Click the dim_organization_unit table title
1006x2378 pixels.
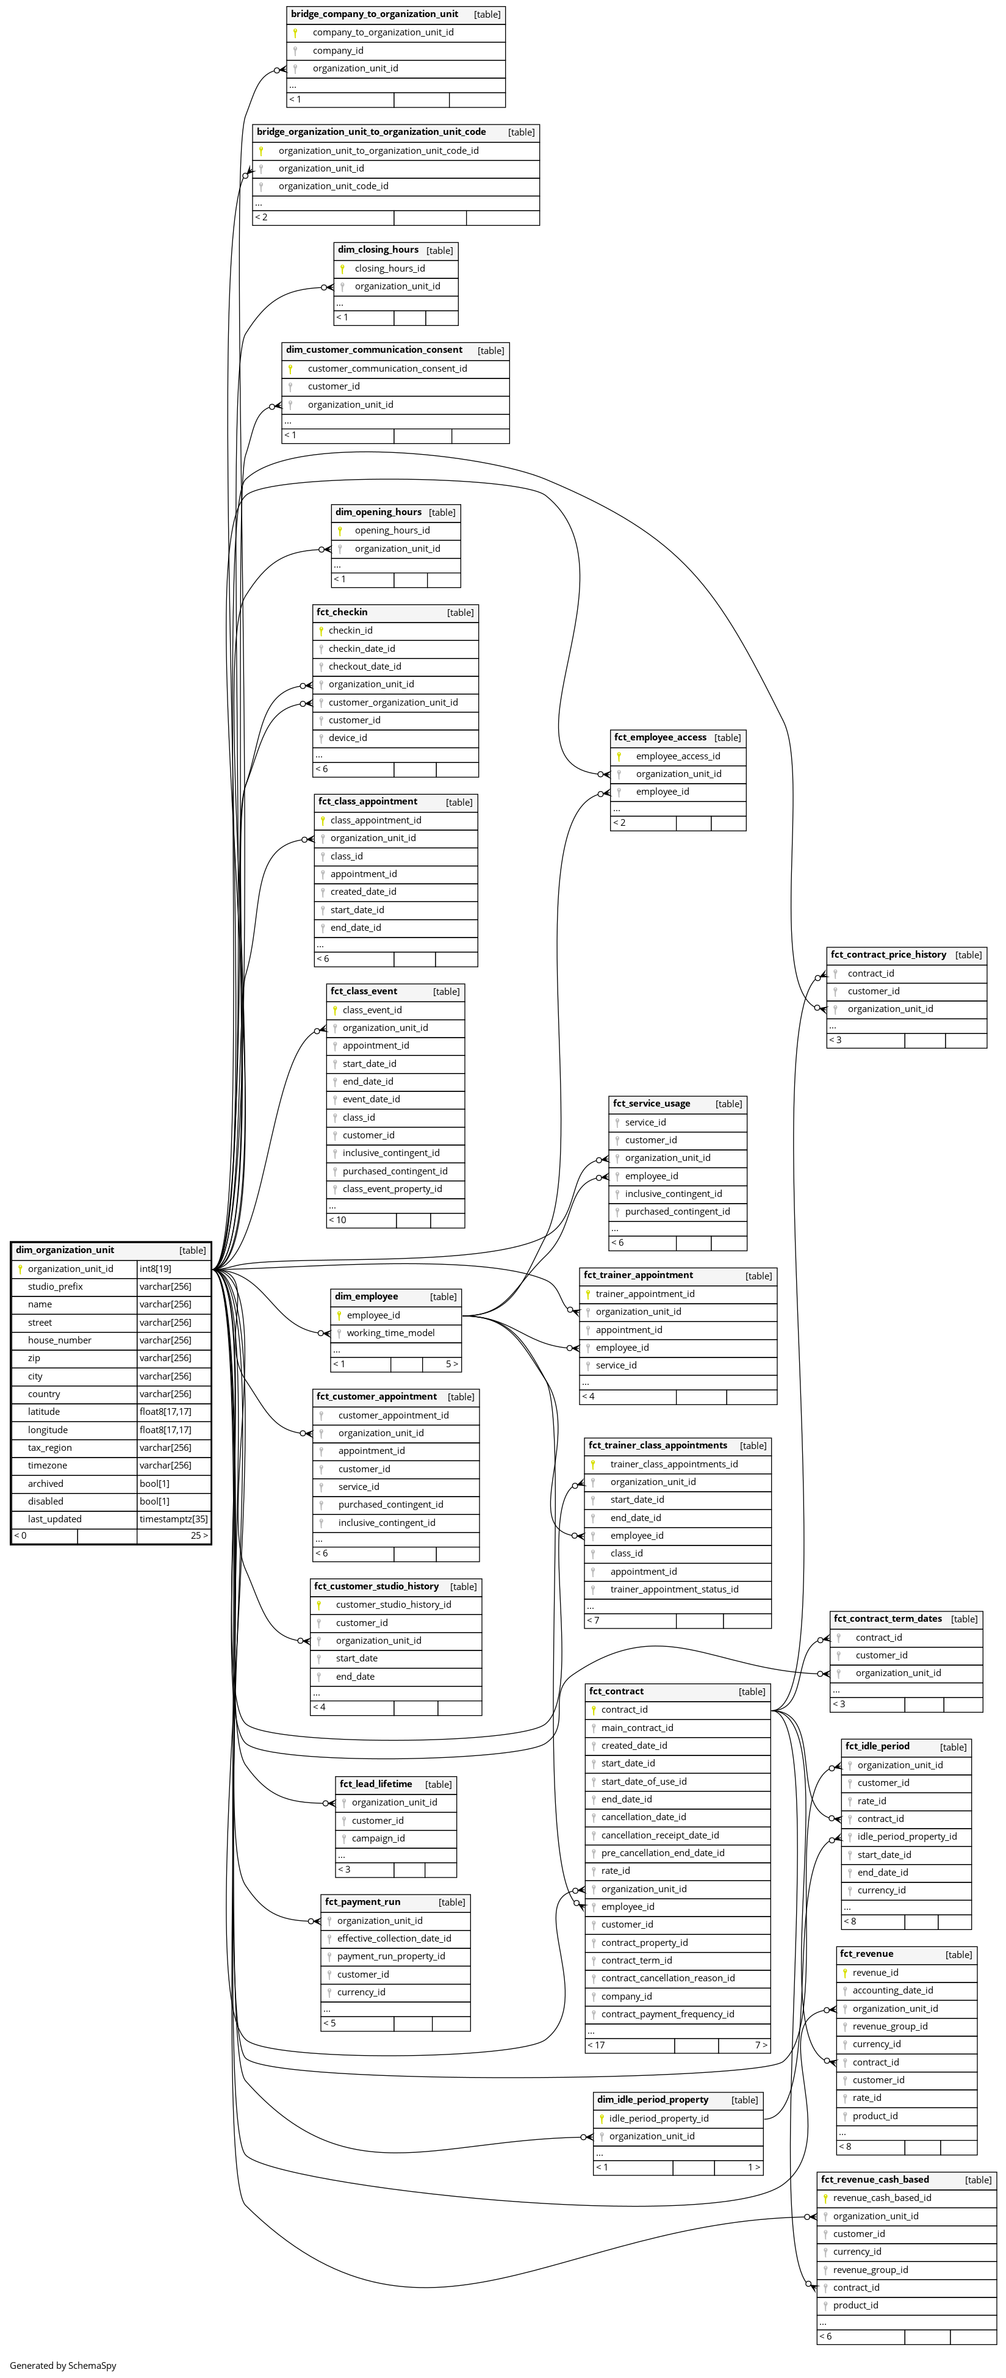click(x=65, y=1250)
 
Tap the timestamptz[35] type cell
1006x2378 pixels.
click(x=173, y=1519)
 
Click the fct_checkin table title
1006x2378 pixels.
click(x=342, y=612)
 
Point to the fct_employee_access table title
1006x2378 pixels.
click(x=660, y=737)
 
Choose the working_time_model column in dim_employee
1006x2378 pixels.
click(x=390, y=1333)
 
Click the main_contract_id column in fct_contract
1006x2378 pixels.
click(x=637, y=1727)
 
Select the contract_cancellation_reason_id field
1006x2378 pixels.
click(x=668, y=1978)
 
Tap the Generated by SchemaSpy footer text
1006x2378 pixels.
click(x=63, y=2365)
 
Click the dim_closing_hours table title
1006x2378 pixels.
click(x=378, y=249)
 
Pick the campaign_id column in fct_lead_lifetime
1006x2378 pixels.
click(x=378, y=1838)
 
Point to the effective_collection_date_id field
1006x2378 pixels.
click(x=394, y=1938)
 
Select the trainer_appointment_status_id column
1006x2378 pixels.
click(x=674, y=1589)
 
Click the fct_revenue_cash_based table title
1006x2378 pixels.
click(x=875, y=2180)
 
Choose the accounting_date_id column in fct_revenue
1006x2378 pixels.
click(x=893, y=1990)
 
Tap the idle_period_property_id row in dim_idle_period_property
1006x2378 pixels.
click(x=659, y=2119)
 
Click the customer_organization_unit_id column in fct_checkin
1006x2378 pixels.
click(x=393, y=703)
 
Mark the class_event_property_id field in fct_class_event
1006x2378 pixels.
click(x=392, y=1189)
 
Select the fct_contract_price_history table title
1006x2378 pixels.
click(x=888, y=955)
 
